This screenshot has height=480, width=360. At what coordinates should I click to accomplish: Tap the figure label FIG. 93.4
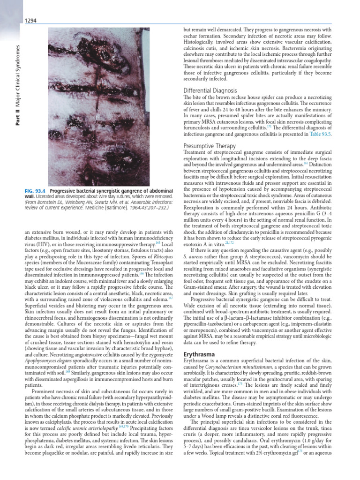pos(36,191)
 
